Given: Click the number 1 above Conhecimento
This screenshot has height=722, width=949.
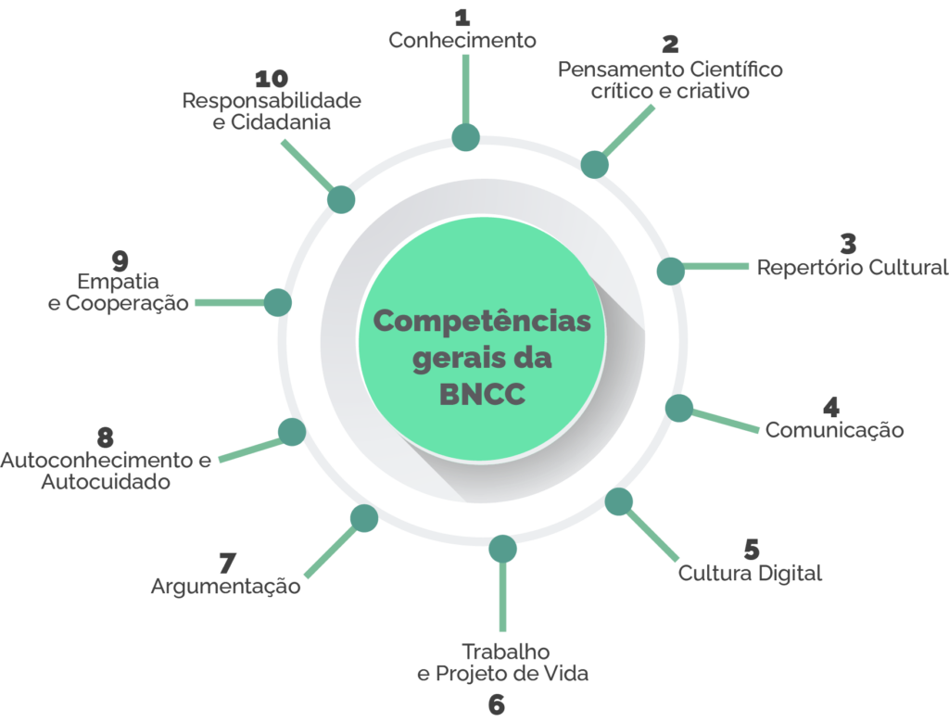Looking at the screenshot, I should [x=461, y=17].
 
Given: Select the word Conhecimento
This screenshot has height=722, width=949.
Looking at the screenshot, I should [x=462, y=40].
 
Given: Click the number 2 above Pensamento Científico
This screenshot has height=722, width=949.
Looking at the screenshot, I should [x=670, y=44].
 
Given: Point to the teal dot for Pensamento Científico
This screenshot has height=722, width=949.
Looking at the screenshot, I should [x=595, y=164].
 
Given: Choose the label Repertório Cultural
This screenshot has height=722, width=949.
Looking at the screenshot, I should [x=853, y=268].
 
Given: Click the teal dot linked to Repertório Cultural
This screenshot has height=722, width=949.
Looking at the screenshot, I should [x=670, y=271].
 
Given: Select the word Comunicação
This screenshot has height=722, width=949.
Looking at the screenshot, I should [x=834, y=429].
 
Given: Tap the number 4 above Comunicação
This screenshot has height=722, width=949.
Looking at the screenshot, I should [x=831, y=406].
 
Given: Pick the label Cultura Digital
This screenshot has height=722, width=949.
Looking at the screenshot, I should [x=750, y=573].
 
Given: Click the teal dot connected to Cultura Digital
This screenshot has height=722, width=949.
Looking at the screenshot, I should [x=619, y=501].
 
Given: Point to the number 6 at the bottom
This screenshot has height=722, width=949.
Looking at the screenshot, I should [x=497, y=703].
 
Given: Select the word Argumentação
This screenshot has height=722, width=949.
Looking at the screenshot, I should [x=225, y=586].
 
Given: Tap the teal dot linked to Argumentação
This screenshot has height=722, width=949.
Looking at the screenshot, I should [x=364, y=518].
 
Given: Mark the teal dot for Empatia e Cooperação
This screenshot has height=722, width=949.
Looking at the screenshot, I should [x=277, y=302].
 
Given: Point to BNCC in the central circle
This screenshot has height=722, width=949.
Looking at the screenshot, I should [x=481, y=394].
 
